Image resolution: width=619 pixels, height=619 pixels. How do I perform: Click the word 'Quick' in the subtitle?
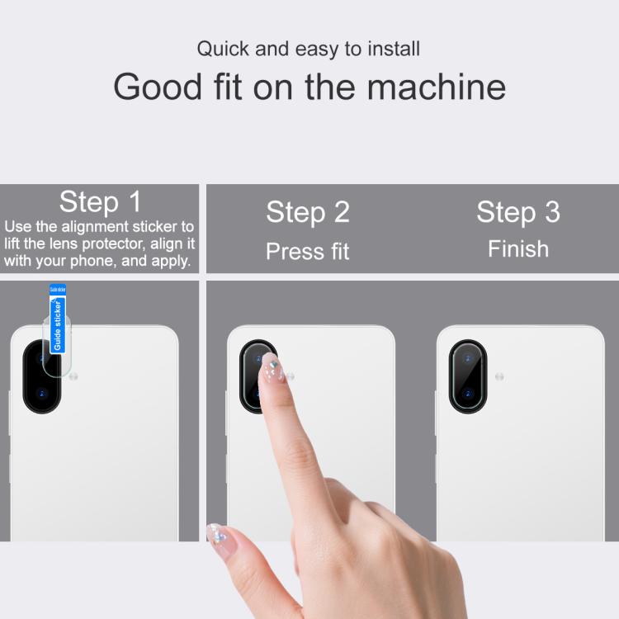223,50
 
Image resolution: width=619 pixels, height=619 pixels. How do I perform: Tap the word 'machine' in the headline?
437,87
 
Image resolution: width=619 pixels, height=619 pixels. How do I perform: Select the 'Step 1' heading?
100,201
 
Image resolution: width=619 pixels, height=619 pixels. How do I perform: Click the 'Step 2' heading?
308,212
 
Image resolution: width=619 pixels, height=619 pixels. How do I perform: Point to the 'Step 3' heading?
518,212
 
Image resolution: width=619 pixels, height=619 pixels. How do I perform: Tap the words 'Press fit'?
308,251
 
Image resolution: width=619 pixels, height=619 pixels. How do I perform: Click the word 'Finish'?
518,249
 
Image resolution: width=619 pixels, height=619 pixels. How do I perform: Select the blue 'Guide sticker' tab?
58,319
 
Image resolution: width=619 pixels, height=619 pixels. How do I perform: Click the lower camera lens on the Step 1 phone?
42,394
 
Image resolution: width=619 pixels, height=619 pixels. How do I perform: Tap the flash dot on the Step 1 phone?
73,376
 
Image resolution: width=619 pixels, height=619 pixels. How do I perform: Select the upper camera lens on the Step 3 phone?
468,359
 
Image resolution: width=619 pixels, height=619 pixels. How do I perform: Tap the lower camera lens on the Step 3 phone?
468,394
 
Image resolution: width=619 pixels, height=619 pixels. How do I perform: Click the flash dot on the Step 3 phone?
499,376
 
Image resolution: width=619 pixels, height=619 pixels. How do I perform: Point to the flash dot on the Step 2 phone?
291,376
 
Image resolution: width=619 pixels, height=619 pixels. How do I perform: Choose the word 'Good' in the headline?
158,87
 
